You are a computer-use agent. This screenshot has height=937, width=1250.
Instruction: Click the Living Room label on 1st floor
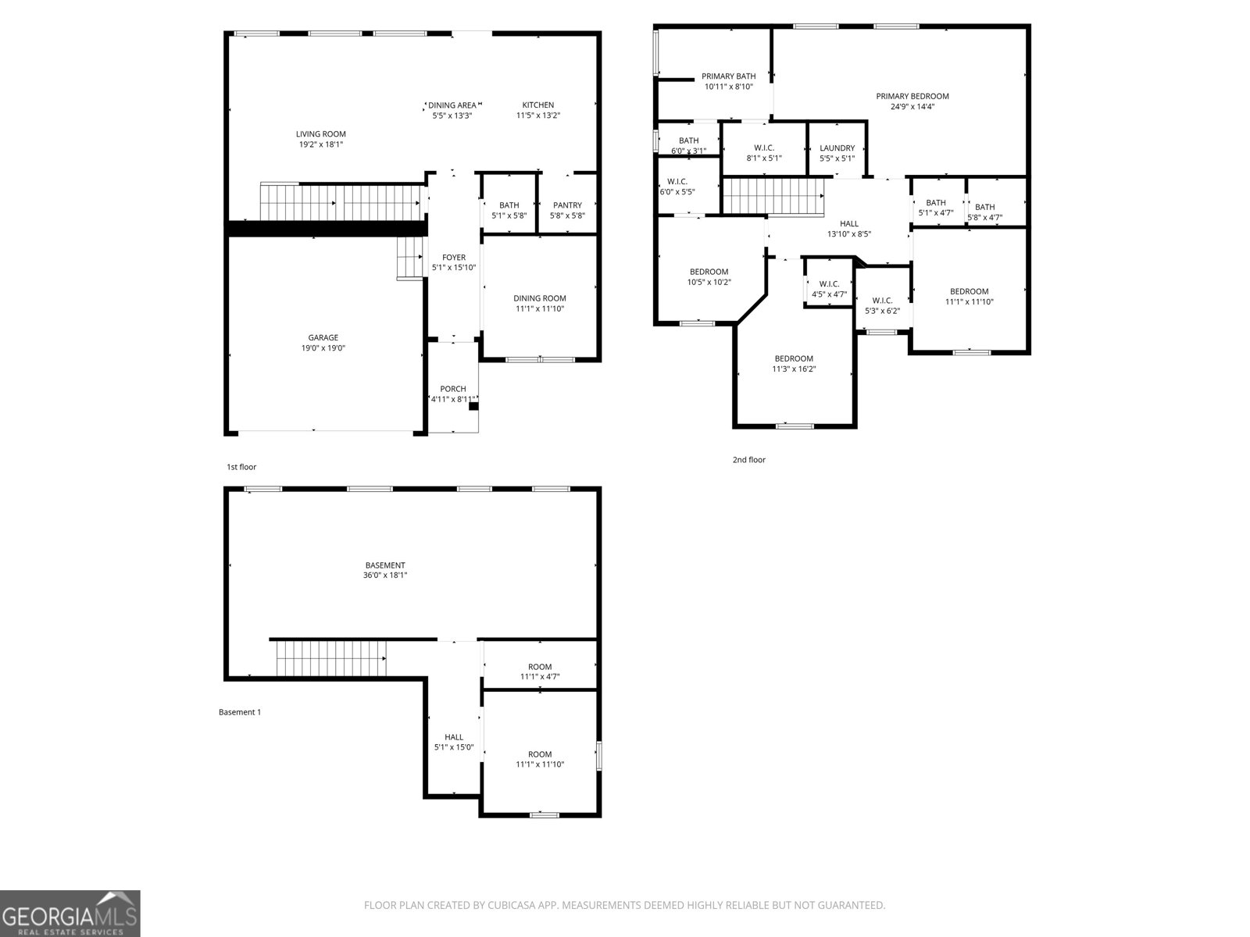point(320,134)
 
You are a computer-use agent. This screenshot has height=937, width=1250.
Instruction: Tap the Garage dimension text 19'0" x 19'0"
point(323,348)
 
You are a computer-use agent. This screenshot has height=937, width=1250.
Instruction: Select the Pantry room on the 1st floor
point(567,210)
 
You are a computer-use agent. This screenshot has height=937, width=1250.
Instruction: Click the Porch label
point(453,389)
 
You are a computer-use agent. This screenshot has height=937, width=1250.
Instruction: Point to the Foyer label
point(454,257)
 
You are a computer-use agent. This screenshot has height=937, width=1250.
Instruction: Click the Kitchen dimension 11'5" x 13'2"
point(538,116)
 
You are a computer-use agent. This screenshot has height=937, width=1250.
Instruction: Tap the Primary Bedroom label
point(912,96)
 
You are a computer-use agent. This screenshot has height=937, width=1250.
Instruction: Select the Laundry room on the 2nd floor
point(837,152)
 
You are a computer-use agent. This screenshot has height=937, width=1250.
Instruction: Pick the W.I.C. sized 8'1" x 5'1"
point(763,152)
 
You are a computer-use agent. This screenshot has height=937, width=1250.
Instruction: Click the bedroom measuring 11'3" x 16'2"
point(794,364)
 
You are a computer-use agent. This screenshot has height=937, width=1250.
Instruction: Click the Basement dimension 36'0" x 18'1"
point(385,575)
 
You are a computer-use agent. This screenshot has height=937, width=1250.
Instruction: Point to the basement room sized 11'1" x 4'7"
point(539,672)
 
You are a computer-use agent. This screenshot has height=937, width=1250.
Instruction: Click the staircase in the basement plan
point(331,658)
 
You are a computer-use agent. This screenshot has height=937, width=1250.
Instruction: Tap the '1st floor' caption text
point(241,467)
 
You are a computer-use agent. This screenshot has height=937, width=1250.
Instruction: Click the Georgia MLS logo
point(70,913)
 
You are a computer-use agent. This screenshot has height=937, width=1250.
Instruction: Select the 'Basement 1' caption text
point(240,712)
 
